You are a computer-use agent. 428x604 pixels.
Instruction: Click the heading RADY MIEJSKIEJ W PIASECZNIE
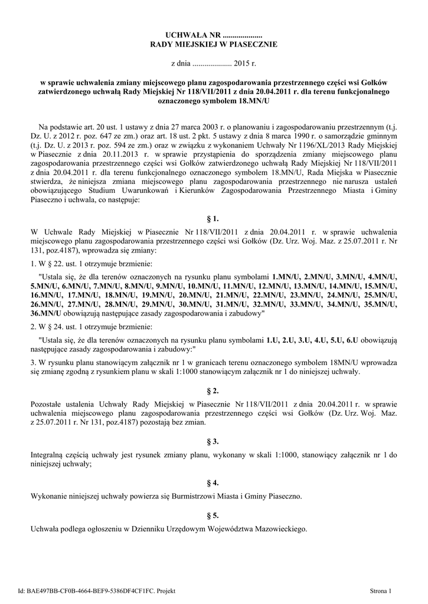click(x=214, y=44)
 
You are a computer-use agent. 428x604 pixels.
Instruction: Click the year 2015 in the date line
click(x=241, y=61)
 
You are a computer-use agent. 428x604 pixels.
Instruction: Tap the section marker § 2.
click(x=214, y=391)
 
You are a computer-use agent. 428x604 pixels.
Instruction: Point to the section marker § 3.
click(x=214, y=441)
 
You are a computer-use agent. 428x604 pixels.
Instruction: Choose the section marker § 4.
click(x=214, y=482)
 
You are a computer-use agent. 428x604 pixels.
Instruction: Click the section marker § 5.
click(x=214, y=515)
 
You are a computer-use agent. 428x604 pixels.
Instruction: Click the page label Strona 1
click(x=380, y=590)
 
